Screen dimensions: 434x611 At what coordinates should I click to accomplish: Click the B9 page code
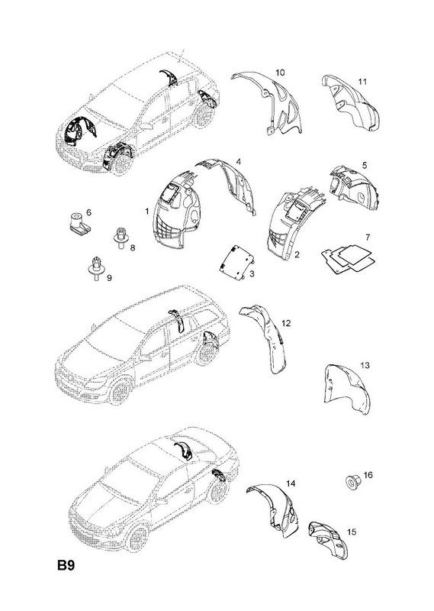point(66,565)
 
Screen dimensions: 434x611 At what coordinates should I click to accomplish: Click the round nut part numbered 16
point(352,483)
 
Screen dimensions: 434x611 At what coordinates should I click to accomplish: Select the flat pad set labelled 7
point(348,258)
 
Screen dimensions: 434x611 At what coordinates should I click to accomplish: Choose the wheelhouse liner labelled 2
point(295,222)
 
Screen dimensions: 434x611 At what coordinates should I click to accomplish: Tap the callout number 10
point(280,73)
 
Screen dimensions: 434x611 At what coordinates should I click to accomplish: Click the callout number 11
point(362,82)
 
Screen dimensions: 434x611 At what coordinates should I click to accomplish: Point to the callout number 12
point(286,323)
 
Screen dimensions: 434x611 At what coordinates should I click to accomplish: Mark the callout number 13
point(365,366)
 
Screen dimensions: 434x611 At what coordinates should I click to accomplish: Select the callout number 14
point(291,483)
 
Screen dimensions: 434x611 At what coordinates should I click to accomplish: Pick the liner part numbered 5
point(350,187)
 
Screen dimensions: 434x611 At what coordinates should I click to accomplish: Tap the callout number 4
point(238,161)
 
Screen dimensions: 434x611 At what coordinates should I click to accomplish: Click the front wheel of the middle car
point(120,390)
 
